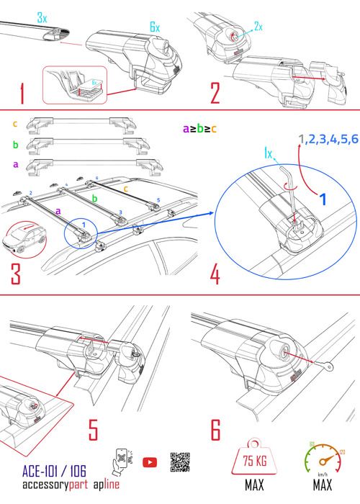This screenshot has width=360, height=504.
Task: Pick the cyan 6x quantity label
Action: click(x=154, y=27)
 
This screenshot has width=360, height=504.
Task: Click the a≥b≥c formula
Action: click(x=199, y=130)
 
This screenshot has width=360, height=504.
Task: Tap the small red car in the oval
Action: click(x=27, y=240)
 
